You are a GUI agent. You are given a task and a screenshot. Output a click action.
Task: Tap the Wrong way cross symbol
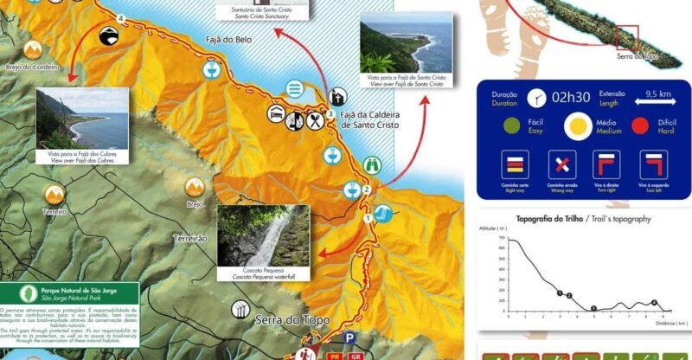(562, 164)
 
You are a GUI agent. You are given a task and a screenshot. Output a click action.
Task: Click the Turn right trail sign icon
(607, 164)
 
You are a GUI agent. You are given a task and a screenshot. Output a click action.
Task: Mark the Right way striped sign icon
(516, 164)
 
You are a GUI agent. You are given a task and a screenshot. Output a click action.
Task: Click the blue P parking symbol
(349, 338)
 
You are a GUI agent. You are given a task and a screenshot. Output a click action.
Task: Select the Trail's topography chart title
(583, 219)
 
